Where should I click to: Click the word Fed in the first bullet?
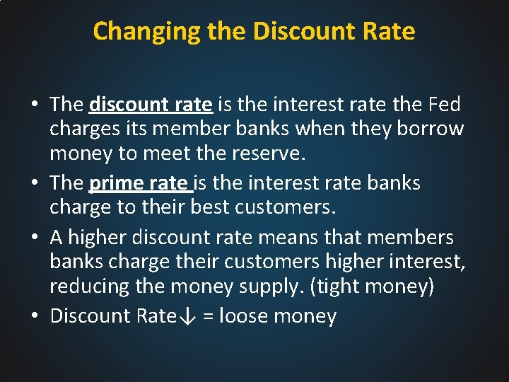(x=443, y=105)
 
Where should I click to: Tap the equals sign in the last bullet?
(x=208, y=316)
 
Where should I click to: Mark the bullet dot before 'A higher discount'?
(x=35, y=237)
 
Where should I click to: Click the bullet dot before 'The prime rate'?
(x=35, y=184)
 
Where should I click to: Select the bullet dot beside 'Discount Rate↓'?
(x=35, y=316)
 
